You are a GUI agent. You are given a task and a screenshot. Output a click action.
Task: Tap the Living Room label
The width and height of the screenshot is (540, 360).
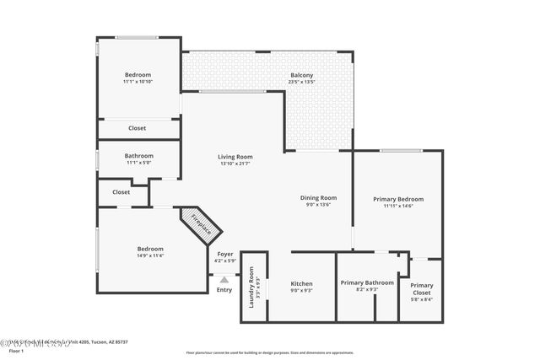point(235,156)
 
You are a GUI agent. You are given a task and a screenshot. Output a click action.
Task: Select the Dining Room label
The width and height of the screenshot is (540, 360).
point(318,197)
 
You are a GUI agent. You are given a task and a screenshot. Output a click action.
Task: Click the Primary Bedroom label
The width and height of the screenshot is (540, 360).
point(398,199)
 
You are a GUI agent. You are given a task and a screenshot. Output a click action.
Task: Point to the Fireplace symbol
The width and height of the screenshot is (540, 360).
point(200,224)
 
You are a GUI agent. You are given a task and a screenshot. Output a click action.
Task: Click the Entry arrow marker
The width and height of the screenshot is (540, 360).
point(224,279)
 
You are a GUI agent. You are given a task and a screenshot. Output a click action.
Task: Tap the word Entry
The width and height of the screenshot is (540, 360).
point(224,290)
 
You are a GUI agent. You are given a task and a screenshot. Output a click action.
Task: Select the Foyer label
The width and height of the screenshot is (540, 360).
point(225,254)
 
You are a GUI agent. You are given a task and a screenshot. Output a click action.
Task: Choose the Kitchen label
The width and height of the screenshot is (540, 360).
point(301,283)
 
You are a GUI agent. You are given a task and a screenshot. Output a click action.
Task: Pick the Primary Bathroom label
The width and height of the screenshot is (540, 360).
point(367,282)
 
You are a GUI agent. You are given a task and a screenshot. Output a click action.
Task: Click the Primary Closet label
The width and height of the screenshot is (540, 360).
point(421,286)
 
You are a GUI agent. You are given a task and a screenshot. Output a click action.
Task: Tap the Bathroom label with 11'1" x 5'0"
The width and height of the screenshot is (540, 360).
point(139,155)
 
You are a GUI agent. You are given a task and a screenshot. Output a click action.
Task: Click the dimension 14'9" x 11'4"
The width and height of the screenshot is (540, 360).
point(150,255)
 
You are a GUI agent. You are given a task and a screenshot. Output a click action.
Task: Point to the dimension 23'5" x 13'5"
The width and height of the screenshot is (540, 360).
point(302,83)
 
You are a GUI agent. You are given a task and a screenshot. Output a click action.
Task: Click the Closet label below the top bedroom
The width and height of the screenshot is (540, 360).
point(137,128)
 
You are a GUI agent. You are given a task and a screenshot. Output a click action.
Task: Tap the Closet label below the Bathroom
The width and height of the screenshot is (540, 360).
point(121,192)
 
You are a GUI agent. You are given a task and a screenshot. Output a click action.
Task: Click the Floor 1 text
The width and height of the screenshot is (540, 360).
point(10,348)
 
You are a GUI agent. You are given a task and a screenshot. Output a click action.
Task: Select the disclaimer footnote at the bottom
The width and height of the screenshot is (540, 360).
point(269,352)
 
